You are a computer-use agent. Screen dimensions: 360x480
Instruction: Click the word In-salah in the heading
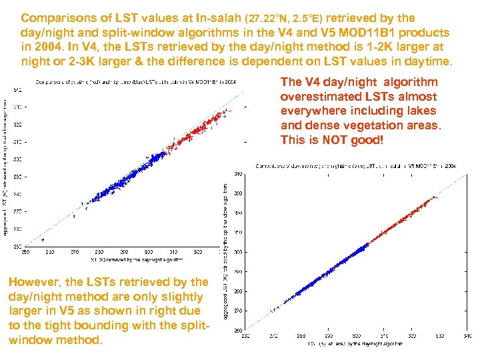[219, 18]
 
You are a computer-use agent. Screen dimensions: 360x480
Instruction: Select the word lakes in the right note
[420, 111]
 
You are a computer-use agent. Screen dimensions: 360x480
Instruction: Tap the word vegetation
[374, 125]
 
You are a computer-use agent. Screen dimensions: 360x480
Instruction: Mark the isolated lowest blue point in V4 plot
[43, 239]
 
